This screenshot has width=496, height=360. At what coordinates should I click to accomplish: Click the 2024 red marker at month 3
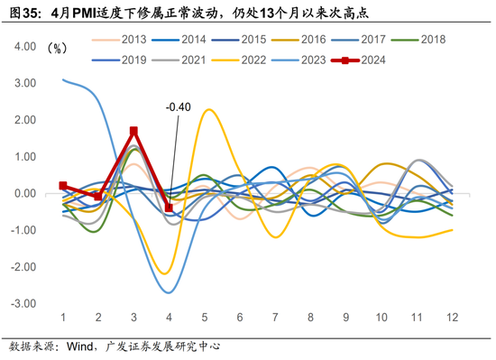(133, 131)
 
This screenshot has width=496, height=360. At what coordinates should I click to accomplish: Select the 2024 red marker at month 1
(63, 185)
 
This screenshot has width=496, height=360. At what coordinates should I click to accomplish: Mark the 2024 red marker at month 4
(169, 208)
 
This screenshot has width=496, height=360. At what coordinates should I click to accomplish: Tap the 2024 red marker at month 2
(98, 196)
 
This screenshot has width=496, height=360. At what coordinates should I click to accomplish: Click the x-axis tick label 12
(451, 318)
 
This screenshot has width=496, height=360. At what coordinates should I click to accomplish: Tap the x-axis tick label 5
(205, 318)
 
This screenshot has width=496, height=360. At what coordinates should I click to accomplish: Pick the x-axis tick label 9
(345, 318)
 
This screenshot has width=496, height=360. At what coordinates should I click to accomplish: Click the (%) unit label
(58, 47)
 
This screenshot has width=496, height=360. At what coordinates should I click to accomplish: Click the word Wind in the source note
(82, 346)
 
